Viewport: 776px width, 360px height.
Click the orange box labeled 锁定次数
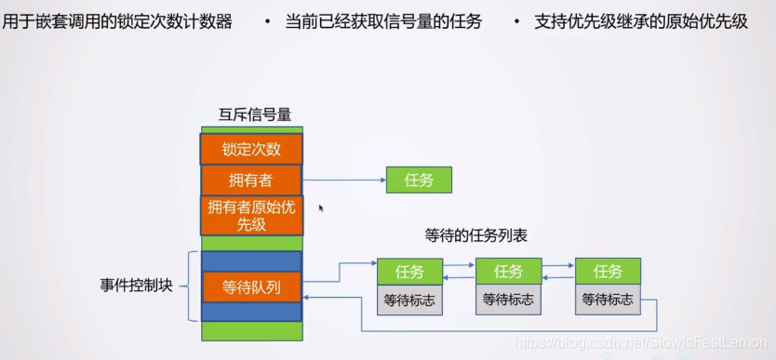point(251,149)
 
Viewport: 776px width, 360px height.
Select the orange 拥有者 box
point(251,180)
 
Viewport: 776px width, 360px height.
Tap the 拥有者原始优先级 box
point(251,215)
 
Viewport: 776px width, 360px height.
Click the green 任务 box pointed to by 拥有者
point(419,180)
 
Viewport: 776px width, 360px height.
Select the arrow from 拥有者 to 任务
point(343,180)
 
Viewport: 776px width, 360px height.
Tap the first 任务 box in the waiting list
point(409,272)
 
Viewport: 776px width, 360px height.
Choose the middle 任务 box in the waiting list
point(508,272)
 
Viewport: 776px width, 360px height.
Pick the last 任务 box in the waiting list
point(608,272)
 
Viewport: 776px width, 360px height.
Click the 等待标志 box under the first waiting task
point(409,300)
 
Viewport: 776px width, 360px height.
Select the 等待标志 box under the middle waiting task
point(508,300)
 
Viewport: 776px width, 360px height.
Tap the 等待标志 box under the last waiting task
point(608,300)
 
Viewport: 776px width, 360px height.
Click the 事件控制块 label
point(137,285)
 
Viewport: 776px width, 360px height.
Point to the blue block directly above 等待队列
point(251,260)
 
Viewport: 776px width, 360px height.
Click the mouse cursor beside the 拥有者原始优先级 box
point(321,208)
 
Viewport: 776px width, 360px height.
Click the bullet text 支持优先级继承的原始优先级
point(641,21)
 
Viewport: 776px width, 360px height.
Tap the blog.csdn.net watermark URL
point(643,344)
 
